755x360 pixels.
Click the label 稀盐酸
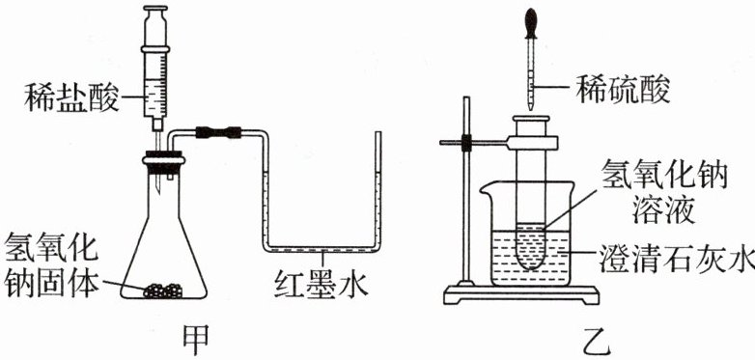pos(71,97)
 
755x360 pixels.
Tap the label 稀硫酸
pos(623,88)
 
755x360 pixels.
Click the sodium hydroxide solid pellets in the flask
pos(163,291)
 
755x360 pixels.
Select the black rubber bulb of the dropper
pos(531,22)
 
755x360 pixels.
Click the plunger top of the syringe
pos(155,8)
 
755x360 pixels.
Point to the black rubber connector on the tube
pos(218,132)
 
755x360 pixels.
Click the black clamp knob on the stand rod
pos(465,143)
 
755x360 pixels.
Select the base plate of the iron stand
pos(521,295)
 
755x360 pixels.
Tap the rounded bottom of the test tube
pos(530,260)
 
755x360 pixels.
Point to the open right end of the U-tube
pos(378,133)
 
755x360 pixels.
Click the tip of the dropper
pos(530,109)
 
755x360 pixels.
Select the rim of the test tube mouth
pos(531,119)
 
